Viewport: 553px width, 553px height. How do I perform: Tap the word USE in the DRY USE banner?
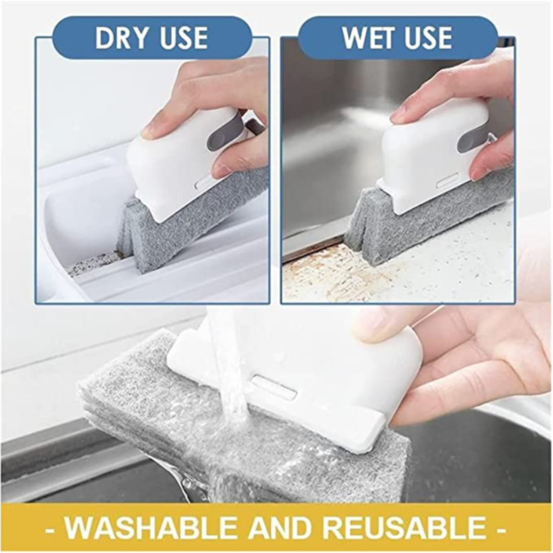click(183, 37)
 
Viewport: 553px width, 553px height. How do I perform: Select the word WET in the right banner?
click(367, 37)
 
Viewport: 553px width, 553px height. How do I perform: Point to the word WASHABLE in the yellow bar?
click(150, 527)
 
